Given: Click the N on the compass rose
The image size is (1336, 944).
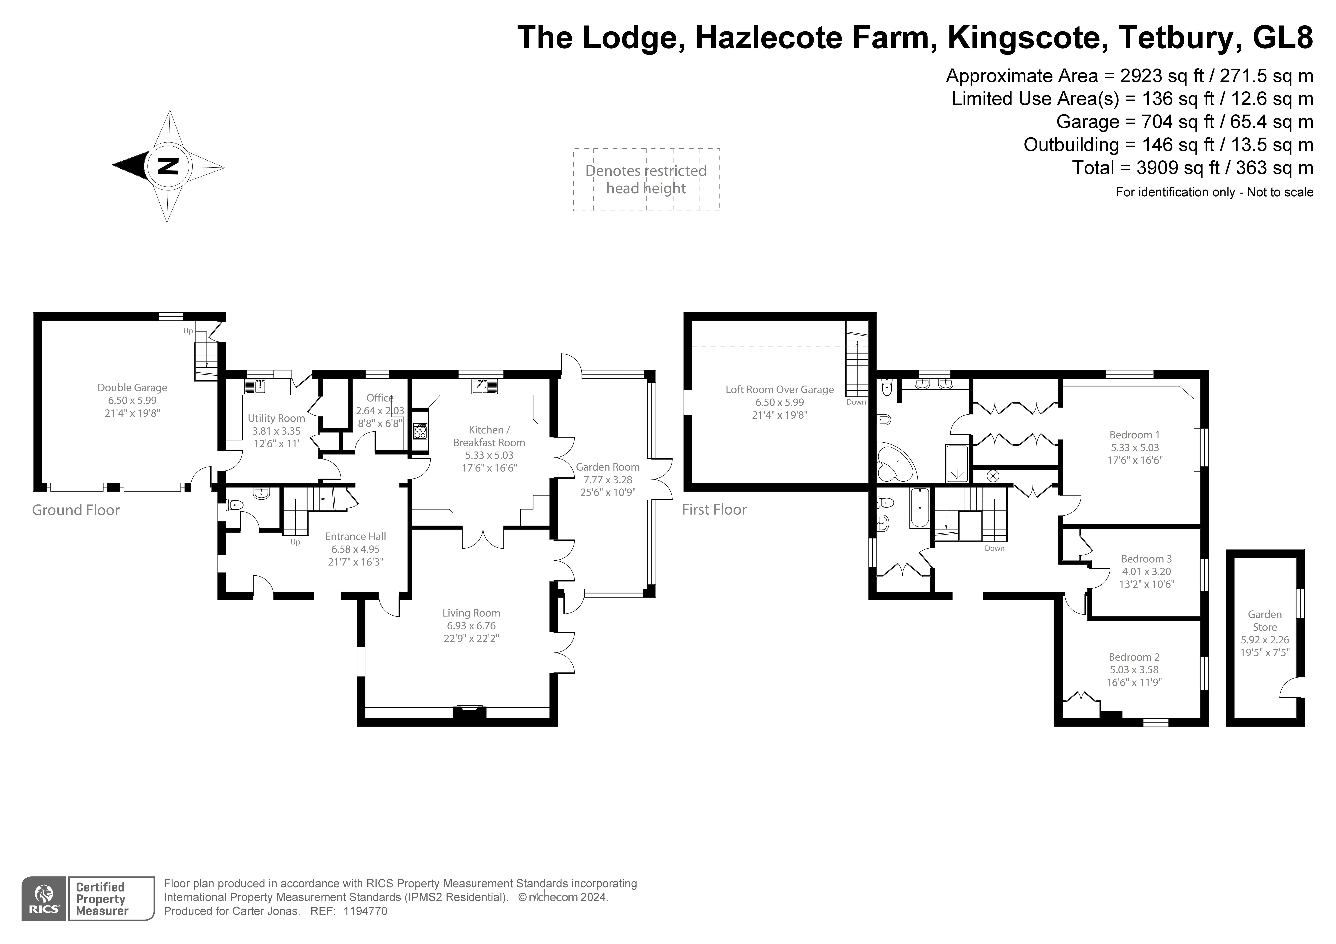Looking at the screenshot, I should click(168, 166).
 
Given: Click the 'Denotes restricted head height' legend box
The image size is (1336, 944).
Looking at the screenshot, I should click(646, 179).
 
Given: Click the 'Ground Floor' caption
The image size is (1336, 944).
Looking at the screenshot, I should click(76, 510).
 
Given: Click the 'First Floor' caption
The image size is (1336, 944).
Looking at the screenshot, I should click(714, 510).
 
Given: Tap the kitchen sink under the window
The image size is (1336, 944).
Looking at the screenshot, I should click(484, 386).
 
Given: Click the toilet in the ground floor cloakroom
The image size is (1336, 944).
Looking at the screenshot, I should click(234, 505).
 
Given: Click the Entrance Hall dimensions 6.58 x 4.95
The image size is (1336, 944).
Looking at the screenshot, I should click(355, 549).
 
